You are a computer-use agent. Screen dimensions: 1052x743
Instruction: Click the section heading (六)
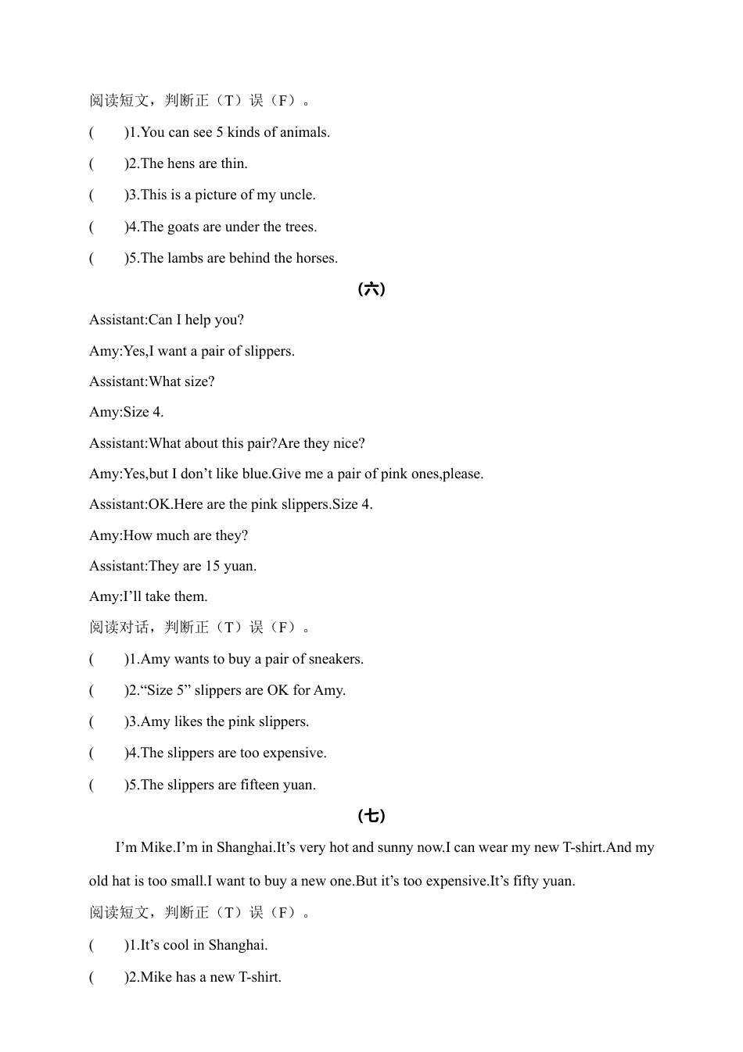pos(371,289)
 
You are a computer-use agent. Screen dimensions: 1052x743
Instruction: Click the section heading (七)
pos(371,816)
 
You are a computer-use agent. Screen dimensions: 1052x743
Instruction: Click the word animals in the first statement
pos(305,132)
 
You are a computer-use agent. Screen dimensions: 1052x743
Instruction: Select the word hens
pos(181,163)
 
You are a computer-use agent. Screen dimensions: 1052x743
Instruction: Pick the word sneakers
pos(335,659)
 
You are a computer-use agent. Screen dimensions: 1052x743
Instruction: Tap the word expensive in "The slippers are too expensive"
pos(293,753)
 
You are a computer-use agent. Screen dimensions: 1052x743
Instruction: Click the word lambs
pos(185,258)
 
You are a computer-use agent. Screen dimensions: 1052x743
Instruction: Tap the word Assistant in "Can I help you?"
pos(117,320)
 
